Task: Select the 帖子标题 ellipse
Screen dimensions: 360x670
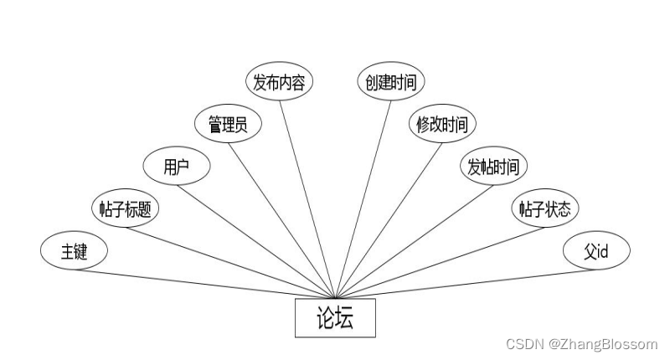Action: point(125,208)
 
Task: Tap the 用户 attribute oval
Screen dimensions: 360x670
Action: point(176,166)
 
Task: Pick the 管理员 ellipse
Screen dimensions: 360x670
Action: point(227,125)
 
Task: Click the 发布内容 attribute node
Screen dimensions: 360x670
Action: point(279,82)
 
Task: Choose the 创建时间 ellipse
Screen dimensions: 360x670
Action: point(390,82)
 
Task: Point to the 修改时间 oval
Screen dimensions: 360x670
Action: point(442,125)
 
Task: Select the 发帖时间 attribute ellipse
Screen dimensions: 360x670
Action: point(493,166)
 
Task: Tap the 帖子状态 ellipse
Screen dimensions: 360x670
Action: point(544,208)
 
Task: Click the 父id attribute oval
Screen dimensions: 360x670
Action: point(595,251)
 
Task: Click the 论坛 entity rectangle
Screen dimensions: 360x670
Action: point(335,318)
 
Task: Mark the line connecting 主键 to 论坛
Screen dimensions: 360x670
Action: point(205,284)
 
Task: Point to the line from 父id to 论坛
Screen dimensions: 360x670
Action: point(465,284)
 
